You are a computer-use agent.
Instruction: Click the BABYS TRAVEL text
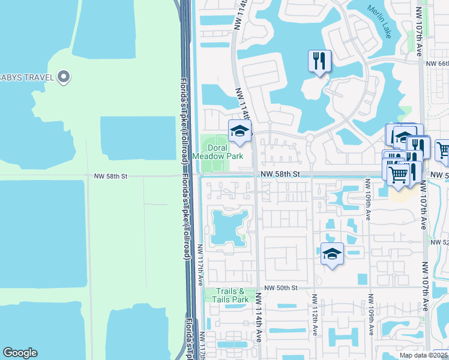27,76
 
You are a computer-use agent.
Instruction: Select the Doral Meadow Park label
225,152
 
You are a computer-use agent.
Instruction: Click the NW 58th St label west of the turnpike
111,176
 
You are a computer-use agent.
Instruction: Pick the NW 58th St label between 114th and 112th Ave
280,174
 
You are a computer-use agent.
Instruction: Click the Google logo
20,353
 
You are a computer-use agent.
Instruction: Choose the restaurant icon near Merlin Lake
319,61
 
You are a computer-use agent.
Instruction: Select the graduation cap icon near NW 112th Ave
331,254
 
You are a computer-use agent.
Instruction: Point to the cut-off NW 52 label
439,242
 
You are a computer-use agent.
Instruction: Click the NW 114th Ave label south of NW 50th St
259,317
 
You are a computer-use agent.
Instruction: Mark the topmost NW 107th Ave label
419,33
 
